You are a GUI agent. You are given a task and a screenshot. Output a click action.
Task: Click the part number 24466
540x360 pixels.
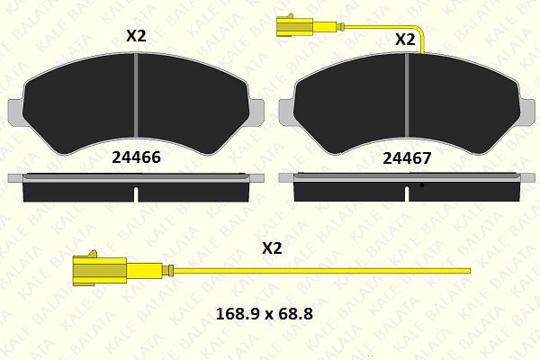135,157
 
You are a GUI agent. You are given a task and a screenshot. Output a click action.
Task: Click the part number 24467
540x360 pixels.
407,157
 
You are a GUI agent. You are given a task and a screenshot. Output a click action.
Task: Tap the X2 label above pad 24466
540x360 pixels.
135,37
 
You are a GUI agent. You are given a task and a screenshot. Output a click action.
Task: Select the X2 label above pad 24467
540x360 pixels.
405,40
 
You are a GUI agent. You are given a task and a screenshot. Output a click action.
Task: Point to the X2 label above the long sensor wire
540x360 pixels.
272,247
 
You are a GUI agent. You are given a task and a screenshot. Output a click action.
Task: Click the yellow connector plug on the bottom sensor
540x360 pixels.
98,269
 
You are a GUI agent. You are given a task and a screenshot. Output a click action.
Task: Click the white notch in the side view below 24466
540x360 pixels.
135,193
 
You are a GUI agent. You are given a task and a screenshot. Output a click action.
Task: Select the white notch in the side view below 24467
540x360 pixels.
408,193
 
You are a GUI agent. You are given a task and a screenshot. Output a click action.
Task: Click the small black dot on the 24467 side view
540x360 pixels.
421,185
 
